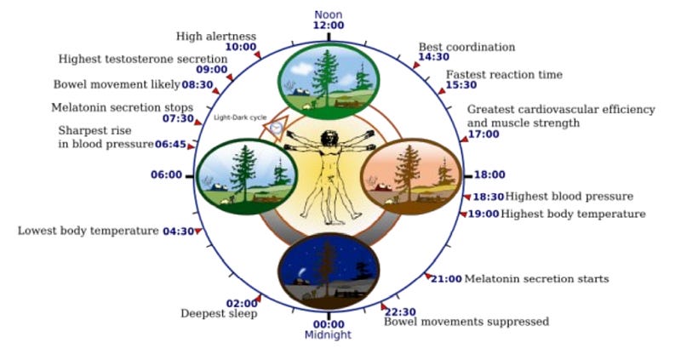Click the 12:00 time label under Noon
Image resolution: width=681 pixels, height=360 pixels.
329,26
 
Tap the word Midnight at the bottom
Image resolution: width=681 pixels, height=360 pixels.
329,334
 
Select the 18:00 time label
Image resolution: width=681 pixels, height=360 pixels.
489,174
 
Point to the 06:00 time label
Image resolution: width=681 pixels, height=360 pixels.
166,174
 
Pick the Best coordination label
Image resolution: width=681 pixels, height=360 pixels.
466,47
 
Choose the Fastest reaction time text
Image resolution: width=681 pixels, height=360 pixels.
504,75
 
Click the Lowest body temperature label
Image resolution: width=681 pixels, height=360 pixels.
89,231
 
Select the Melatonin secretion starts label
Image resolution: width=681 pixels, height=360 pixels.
536,278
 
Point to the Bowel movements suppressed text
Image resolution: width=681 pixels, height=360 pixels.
466,322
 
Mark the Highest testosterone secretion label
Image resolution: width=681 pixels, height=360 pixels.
143,59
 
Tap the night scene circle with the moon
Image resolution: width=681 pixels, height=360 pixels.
329,271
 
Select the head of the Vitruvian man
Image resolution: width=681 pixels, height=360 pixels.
329,136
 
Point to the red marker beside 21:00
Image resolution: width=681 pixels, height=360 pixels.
427,276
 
